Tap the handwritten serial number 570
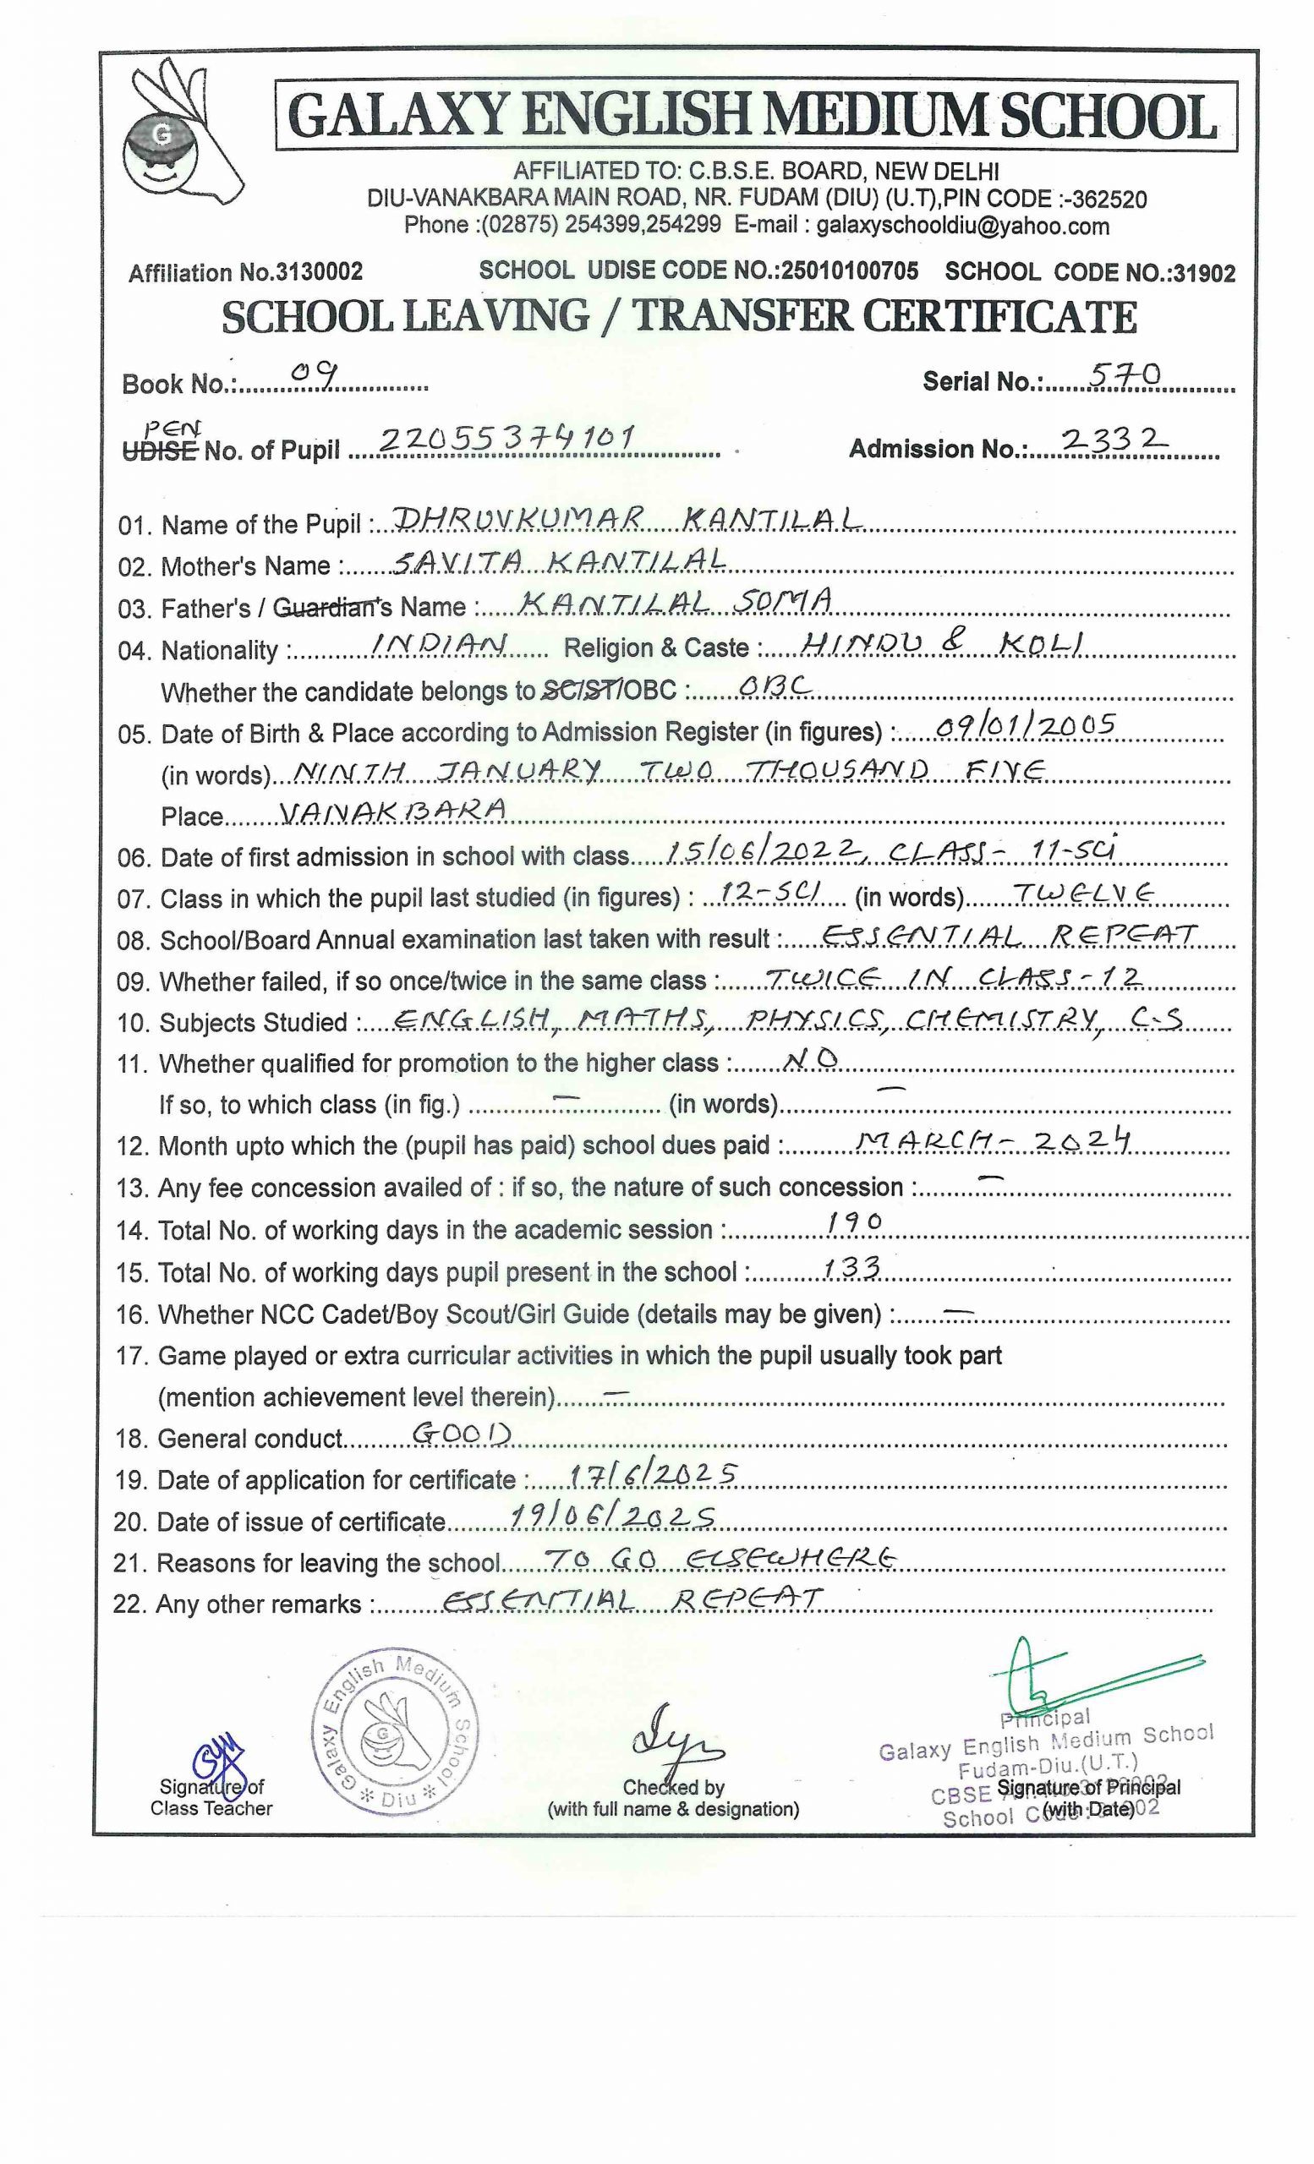(1125, 375)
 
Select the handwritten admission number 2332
(1113, 440)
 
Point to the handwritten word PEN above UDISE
(172, 429)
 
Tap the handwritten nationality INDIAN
(439, 644)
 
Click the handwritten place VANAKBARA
(392, 809)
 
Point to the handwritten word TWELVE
(1083, 893)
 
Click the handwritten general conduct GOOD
(461, 1434)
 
